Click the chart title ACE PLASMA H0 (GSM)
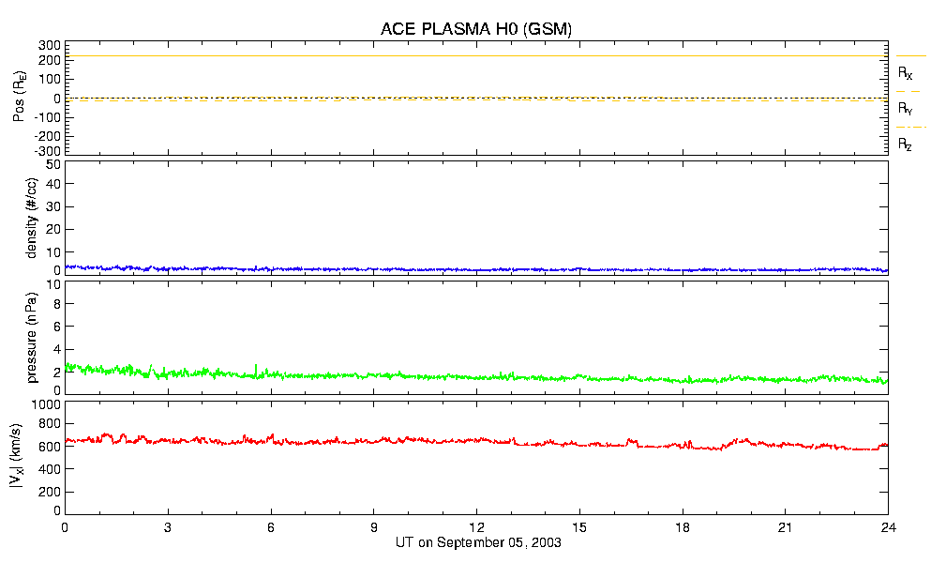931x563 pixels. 476,29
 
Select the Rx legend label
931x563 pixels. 905,72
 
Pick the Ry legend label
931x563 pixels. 905,109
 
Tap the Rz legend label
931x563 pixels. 905,145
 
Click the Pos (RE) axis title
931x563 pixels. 19,98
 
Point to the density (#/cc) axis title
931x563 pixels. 31,217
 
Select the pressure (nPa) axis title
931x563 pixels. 31,335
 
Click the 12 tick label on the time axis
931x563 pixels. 476,527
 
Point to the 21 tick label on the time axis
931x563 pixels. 786,527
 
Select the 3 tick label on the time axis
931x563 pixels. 168,527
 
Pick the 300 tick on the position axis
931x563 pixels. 49,45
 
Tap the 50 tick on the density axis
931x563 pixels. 53,164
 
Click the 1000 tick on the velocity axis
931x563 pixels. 47,404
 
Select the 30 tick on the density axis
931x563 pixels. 53,207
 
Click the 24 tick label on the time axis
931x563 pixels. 888,527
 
